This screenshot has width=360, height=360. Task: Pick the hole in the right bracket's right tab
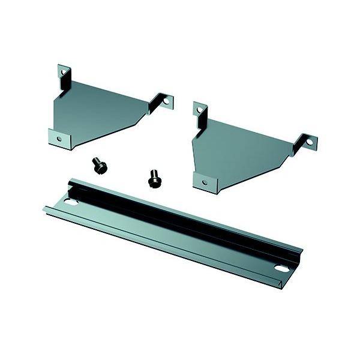[310, 142]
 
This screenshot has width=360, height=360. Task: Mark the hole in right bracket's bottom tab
[205, 181]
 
